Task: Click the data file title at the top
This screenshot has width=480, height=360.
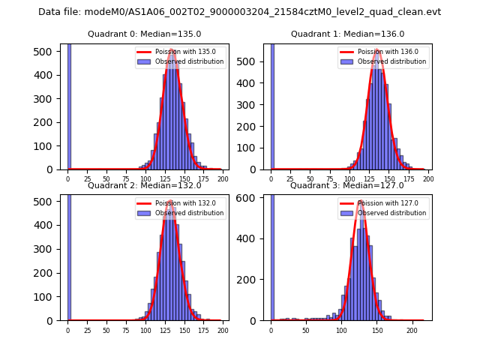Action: [x=239, y=12]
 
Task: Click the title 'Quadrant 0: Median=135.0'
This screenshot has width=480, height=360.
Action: [x=144, y=34]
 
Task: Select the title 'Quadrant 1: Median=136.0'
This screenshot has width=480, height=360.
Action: [x=347, y=34]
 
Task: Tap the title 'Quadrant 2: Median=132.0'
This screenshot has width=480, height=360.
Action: [x=144, y=185]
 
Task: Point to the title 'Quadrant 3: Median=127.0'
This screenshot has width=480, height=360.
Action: [x=347, y=185]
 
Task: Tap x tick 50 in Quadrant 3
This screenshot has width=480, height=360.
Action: [x=306, y=331]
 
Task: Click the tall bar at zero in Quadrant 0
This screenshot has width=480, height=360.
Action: [x=69, y=105]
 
